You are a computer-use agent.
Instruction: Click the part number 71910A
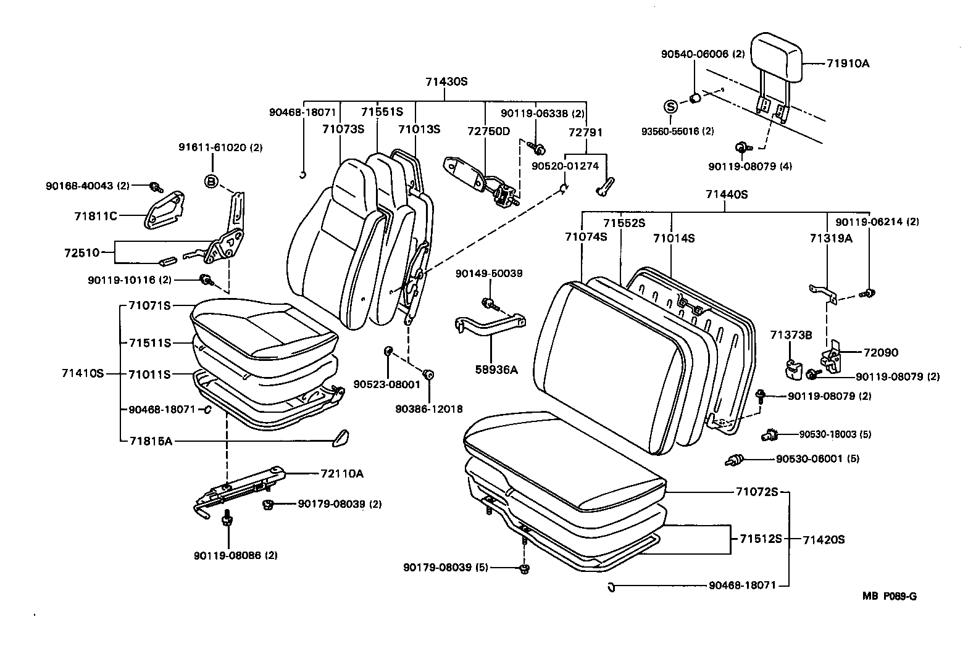tap(848, 63)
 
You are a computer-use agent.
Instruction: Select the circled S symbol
tap(670, 106)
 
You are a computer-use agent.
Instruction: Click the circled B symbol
tap(211, 181)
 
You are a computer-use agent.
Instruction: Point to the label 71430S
tap(446, 81)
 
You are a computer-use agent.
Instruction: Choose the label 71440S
tap(727, 194)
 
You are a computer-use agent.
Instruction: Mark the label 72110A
tap(342, 473)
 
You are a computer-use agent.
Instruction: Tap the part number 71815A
tap(150, 441)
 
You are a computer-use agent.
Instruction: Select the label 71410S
tap(83, 373)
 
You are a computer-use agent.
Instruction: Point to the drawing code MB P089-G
tap(890, 596)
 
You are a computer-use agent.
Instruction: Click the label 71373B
tap(791, 334)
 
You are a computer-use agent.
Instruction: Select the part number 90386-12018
tap(428, 408)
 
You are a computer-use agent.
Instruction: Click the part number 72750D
tap(488, 132)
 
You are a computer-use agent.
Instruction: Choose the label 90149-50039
tap(489, 273)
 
